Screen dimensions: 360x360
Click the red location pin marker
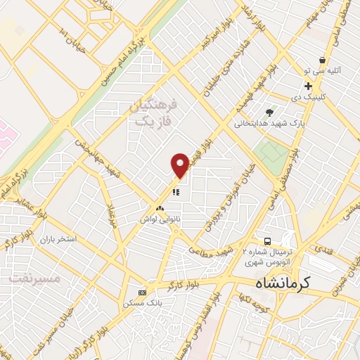181,165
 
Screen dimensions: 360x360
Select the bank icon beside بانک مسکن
143,292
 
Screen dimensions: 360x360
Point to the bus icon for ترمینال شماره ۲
267,240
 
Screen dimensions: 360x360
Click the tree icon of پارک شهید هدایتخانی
270,112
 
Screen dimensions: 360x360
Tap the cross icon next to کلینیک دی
308,86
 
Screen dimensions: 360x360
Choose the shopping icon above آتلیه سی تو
321,60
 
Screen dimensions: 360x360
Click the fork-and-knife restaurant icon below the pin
176,191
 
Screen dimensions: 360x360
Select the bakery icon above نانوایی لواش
160,209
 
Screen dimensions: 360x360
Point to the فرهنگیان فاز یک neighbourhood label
155,112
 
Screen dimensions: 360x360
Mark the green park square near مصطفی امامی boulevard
271,152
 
